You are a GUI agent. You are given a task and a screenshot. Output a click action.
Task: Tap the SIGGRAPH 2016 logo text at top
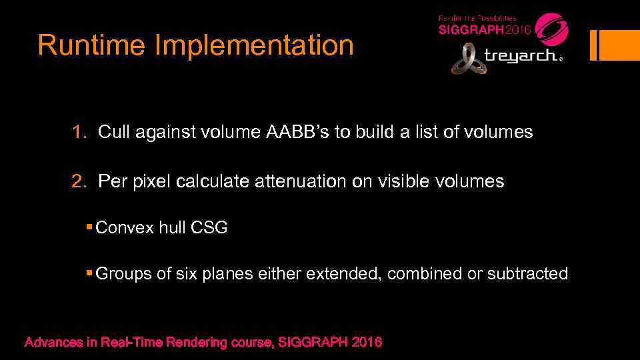coord(484,30)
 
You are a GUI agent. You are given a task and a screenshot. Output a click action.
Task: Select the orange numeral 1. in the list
coord(79,132)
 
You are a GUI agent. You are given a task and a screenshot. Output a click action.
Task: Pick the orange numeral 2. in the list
coord(79,181)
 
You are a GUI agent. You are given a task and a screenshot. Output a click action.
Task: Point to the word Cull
coord(113,132)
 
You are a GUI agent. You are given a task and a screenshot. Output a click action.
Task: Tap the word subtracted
coord(527,273)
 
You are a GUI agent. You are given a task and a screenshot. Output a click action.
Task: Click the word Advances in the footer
coord(53,343)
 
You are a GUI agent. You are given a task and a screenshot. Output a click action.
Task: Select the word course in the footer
coord(248,343)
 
